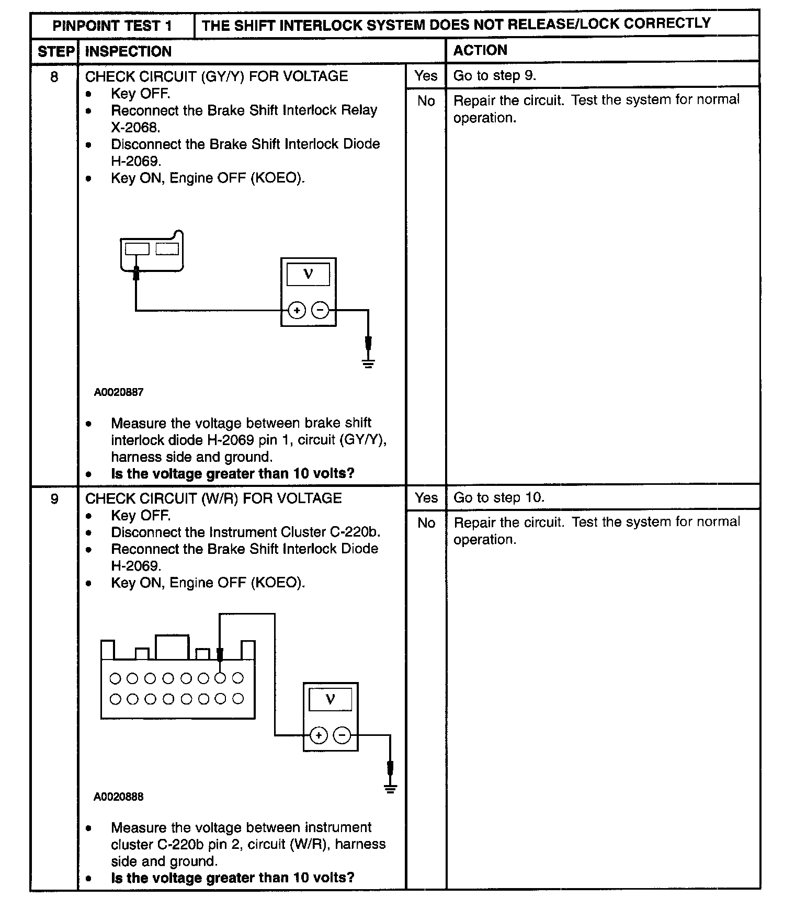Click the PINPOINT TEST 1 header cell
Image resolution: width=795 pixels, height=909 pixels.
pos(112,26)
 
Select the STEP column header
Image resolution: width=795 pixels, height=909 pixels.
pos(55,51)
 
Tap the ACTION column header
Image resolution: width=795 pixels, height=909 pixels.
pos(480,50)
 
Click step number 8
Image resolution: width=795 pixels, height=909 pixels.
pos(54,77)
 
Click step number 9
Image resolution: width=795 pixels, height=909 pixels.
pos(54,499)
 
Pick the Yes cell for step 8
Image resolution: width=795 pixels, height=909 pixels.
pos(426,76)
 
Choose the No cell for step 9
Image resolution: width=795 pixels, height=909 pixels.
pos(426,523)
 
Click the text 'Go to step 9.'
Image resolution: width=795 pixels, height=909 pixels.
pos(494,76)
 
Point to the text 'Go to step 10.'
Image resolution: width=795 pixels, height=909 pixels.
pos(498,497)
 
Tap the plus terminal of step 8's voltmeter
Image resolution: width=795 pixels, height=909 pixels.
pos(297,311)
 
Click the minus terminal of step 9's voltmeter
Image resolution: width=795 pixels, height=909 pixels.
pos(342,735)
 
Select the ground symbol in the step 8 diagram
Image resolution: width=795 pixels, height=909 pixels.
pos(368,362)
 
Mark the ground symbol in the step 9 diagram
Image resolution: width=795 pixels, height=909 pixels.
pos(390,788)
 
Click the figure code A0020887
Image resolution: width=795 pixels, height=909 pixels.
pos(119,392)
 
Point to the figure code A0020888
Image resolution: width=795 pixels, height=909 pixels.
pos(119,797)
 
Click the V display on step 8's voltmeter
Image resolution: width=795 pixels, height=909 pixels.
pos(308,274)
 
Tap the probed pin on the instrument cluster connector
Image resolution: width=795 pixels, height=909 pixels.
pos(220,678)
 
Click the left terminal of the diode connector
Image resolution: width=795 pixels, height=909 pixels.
pos(137,249)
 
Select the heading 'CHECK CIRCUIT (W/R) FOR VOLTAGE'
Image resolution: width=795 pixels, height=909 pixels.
pos(213,498)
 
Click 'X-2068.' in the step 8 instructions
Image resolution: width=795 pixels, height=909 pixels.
pos(135,128)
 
